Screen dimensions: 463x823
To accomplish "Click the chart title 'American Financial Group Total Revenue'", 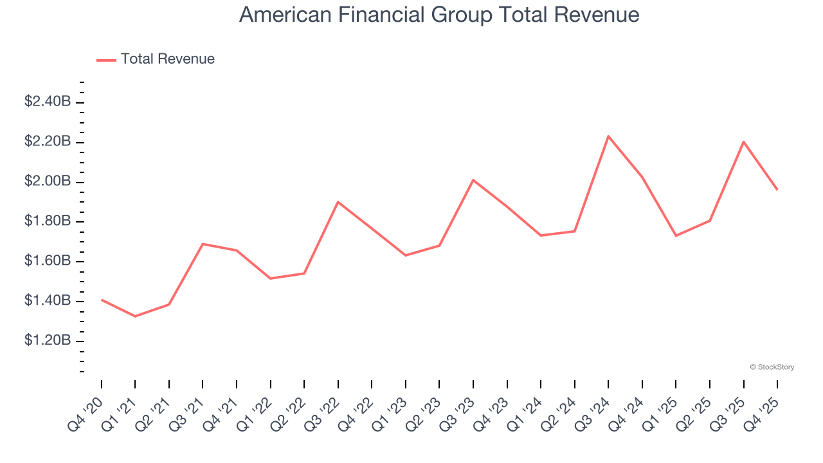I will [x=439, y=15].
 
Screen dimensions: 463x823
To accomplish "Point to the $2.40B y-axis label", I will [x=47, y=102].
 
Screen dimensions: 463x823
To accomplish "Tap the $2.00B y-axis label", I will [x=47, y=181].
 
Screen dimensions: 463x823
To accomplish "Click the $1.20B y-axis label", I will [x=47, y=340].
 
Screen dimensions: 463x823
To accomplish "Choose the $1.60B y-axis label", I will [x=47, y=260].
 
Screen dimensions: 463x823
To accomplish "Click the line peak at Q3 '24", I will [x=608, y=136].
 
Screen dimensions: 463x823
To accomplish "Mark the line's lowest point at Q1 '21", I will [x=135, y=316].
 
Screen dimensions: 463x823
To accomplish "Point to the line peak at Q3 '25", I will [x=744, y=141].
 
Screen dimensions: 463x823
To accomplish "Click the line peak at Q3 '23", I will [x=473, y=180].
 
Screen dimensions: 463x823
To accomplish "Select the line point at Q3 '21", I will [x=203, y=244].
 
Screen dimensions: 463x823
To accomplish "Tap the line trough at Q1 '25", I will [x=676, y=235].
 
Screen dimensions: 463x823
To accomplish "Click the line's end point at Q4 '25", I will [x=777, y=189].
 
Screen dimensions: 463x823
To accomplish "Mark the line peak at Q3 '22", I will [x=338, y=202].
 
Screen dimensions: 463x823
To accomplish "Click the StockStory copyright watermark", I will [x=772, y=367].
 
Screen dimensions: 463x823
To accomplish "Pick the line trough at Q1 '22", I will [x=270, y=278].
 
